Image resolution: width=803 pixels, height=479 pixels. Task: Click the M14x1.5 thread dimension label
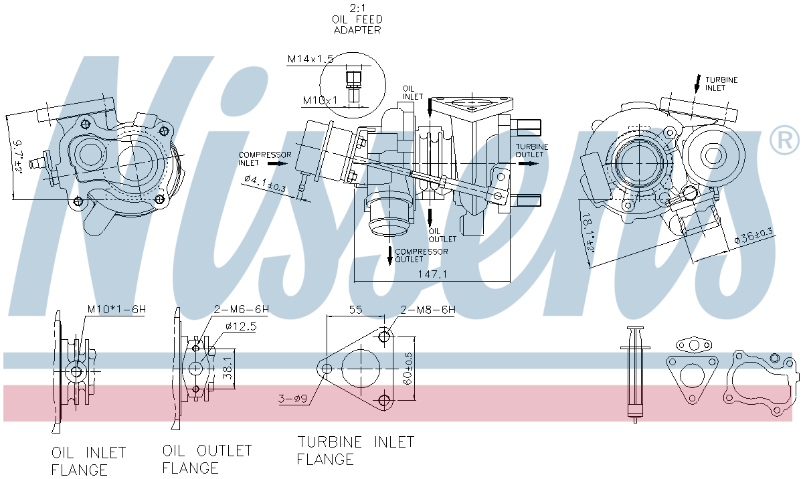click(310, 60)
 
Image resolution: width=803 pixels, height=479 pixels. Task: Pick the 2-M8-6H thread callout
click(428, 309)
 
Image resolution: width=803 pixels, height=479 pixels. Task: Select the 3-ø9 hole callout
click(292, 400)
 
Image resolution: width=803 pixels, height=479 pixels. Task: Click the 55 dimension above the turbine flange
click(355, 310)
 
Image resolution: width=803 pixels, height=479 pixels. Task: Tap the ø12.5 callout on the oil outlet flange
click(241, 326)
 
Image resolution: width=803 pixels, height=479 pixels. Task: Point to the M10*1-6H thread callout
click(116, 310)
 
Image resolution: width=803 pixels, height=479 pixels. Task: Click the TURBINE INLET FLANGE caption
click(355, 450)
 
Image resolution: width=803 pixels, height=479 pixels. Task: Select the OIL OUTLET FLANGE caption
click(207, 459)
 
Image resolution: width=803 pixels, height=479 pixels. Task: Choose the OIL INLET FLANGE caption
click(88, 461)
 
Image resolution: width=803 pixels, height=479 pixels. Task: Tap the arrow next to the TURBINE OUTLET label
click(528, 164)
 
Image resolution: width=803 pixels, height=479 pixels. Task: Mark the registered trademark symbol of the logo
click(784, 140)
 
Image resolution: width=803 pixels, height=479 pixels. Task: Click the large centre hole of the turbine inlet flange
click(361, 366)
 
